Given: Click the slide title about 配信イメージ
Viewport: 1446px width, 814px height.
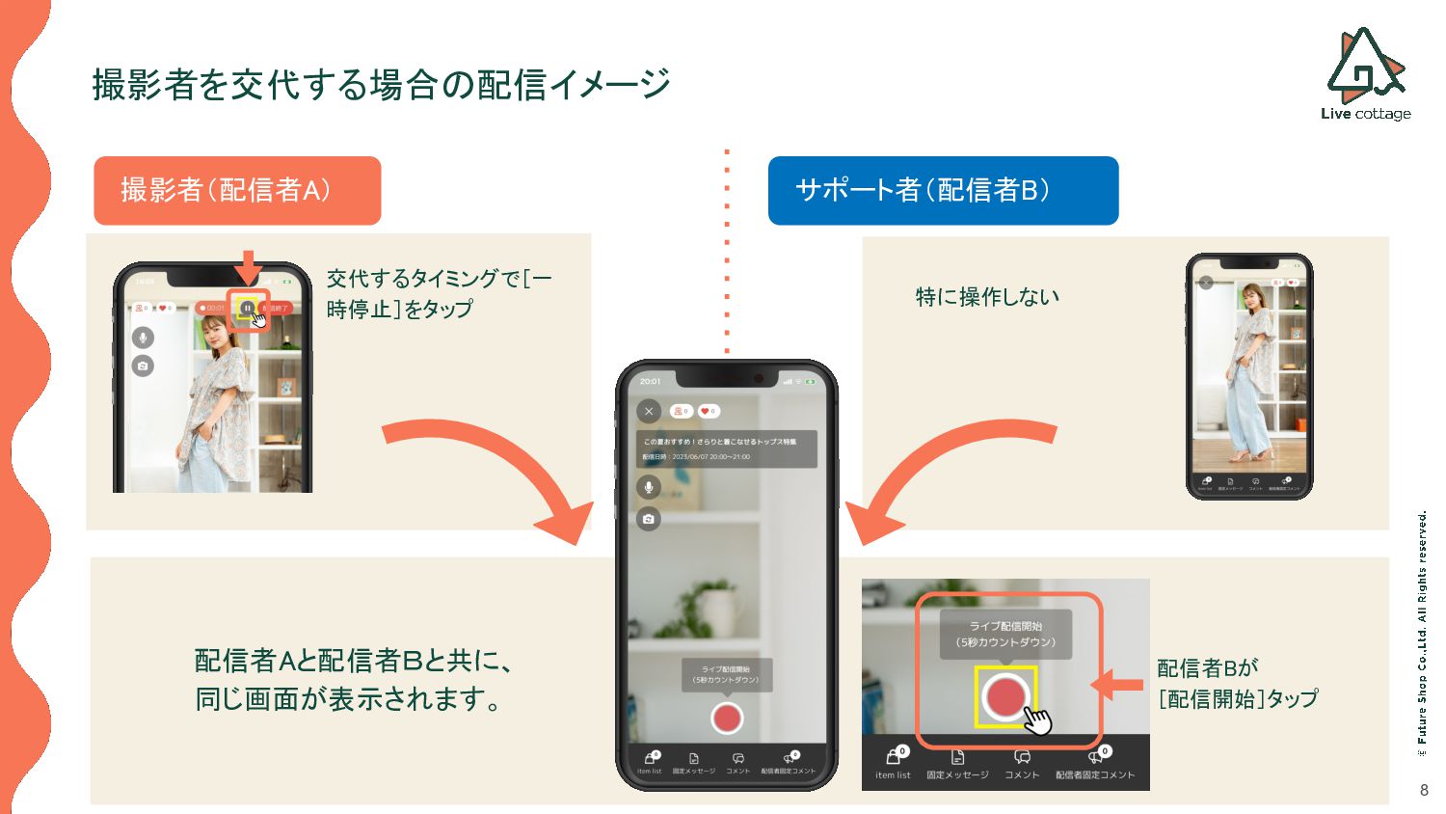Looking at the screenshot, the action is [381, 84].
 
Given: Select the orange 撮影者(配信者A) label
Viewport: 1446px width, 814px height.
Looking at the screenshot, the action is [237, 190].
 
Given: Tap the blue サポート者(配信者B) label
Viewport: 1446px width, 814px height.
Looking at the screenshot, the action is [943, 190].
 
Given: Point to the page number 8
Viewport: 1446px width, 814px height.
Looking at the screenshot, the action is [1424, 790].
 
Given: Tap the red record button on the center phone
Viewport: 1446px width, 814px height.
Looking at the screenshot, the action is [727, 718].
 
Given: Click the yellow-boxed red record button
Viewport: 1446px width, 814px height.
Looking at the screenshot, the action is [1005, 696].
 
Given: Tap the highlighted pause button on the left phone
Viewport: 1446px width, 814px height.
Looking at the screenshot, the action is [248, 308].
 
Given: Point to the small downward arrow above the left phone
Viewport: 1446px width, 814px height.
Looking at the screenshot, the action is [249, 266].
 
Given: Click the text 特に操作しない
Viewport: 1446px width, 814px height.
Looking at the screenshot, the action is [987, 297].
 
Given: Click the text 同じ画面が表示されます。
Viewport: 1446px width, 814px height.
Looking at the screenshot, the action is [349, 698].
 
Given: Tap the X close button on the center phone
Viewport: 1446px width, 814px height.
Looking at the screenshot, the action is [649, 411].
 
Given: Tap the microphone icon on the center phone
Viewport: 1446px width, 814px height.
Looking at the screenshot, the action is [649, 487].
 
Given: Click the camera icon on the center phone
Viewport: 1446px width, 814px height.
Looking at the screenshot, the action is [649, 519].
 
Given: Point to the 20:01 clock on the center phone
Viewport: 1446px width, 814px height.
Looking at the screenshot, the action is [651, 381].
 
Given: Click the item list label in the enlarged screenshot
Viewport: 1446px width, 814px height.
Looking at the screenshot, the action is [893, 774].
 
